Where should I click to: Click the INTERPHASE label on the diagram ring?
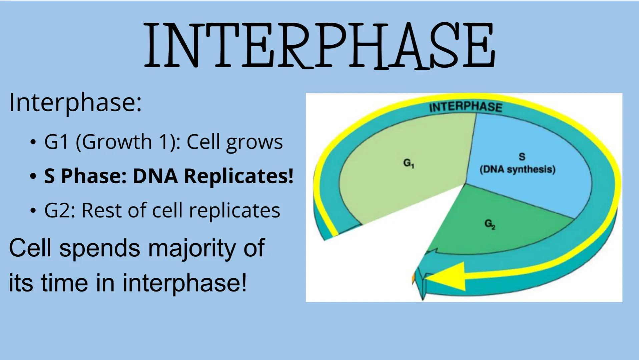tap(465, 107)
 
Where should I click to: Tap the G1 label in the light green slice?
tap(408, 163)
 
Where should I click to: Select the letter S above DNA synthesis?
tap(522, 156)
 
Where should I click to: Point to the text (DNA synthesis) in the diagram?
tap(517, 169)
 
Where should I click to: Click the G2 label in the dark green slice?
tap(490, 224)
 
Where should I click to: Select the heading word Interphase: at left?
tap(75, 102)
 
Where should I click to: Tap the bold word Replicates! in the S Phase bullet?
tap(238, 176)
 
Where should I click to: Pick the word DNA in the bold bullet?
tap(155, 176)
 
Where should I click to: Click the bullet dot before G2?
tap(33, 211)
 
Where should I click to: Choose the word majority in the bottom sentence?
tap(192, 248)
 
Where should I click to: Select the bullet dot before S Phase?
tap(33, 176)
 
